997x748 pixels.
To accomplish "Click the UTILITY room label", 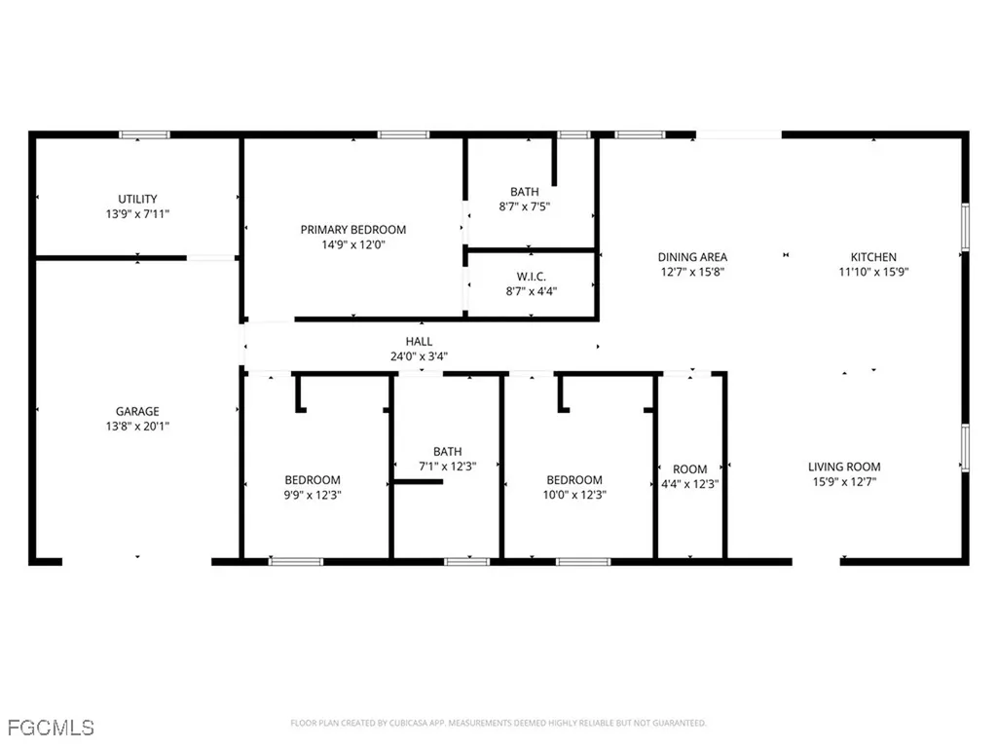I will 137,199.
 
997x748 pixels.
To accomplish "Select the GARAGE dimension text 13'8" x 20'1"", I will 137,427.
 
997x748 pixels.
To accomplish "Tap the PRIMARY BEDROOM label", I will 352,230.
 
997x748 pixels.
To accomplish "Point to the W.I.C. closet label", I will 531,275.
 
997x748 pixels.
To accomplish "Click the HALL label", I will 420,341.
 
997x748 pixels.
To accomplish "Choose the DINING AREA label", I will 692,257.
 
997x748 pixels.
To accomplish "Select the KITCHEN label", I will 873,257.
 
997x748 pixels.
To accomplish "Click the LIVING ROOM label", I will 843,467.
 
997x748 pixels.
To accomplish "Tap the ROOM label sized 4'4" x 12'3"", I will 690,469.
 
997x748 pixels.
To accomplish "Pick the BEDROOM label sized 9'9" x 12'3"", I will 313,479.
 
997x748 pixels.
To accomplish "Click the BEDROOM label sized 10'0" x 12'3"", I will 573,479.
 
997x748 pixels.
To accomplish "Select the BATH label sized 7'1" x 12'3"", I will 447,451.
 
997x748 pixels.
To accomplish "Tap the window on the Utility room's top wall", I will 144,134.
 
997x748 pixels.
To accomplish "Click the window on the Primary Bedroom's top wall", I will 403,134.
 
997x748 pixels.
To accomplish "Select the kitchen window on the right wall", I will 965,226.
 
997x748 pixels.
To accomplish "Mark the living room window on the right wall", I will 965,447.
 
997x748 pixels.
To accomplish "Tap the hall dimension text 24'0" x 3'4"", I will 420,355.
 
